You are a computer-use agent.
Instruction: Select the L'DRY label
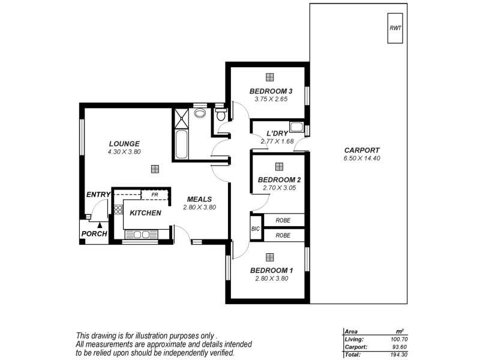[263, 133]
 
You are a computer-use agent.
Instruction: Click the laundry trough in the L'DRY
[296, 127]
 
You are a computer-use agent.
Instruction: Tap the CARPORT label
[362, 150]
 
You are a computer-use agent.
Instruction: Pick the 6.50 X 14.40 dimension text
[362, 158]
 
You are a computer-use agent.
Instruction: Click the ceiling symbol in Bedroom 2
[278, 167]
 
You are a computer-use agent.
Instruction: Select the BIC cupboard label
[255, 229]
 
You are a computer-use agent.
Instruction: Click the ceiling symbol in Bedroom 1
[269, 257]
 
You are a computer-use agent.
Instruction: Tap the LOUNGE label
[124, 144]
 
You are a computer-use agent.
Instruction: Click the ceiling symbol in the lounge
[155, 169]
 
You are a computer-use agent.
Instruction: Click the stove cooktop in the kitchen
[118, 210]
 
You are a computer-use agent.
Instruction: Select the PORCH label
[94, 234]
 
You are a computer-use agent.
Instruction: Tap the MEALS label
[199, 199]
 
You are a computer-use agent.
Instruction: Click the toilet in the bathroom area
[221, 113]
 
